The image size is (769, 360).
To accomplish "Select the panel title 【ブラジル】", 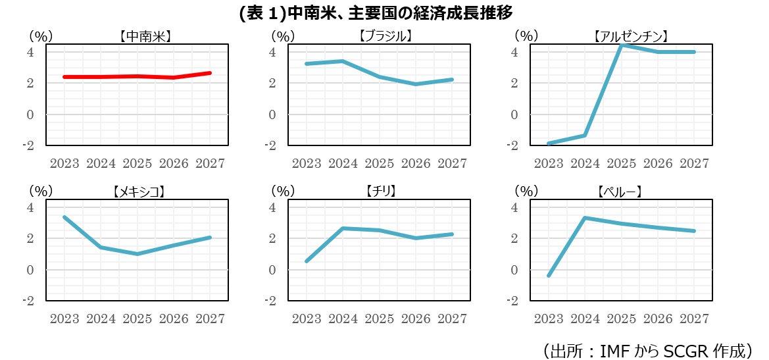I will click(x=386, y=36).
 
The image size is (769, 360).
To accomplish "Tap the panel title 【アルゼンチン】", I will click(x=630, y=36).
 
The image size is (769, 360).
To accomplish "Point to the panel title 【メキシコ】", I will click(x=138, y=192).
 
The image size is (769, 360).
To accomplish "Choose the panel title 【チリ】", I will click(x=385, y=192).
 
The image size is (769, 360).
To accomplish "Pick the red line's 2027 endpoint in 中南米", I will click(x=210, y=73).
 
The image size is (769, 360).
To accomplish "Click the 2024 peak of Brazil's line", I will click(x=343, y=61).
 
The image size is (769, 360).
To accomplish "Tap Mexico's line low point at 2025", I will click(x=137, y=254).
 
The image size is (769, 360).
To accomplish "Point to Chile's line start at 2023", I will click(x=307, y=261).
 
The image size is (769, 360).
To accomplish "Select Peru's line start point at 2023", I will click(x=549, y=276).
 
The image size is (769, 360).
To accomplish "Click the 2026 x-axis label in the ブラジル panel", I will click(x=416, y=163).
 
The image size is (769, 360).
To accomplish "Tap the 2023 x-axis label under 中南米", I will click(x=64, y=163).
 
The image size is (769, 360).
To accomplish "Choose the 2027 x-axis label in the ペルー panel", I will click(x=694, y=319).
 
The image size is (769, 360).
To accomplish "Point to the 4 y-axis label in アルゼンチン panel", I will click(x=515, y=52).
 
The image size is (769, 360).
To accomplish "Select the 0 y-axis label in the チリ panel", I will click(x=273, y=270).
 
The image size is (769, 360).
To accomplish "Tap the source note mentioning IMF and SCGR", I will click(x=647, y=349).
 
